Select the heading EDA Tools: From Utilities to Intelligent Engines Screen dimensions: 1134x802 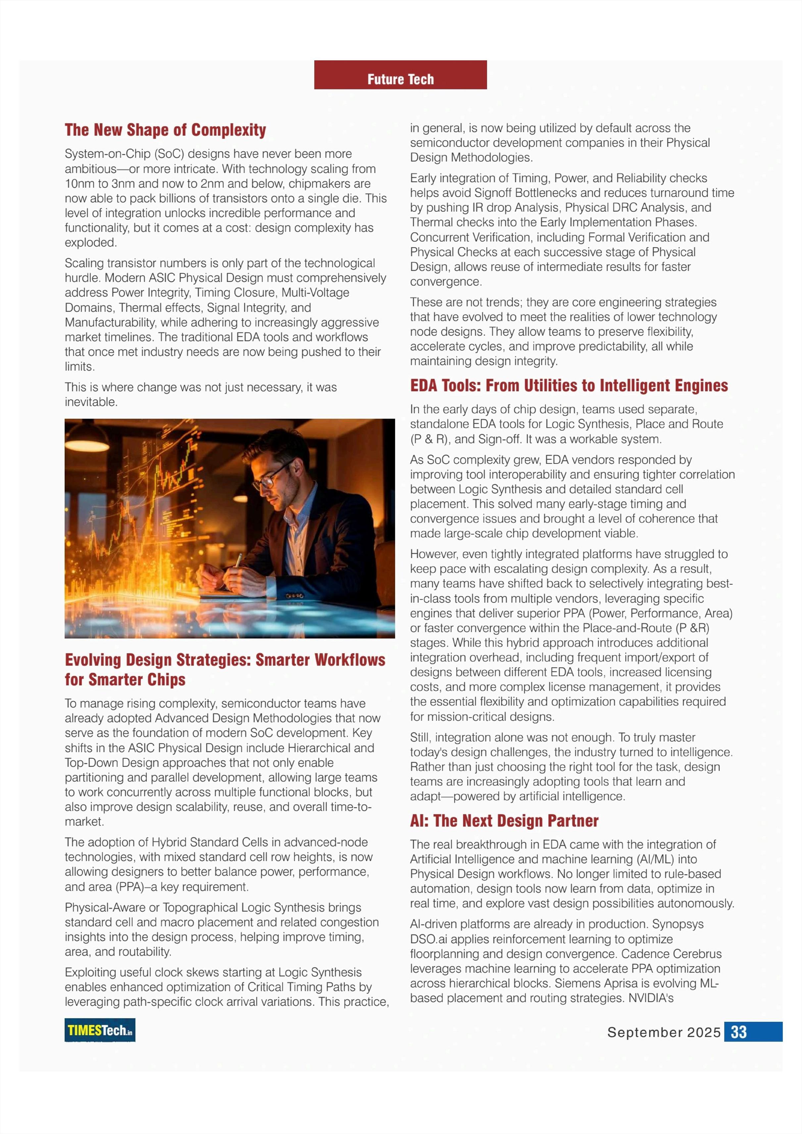click(x=569, y=385)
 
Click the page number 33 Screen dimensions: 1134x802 click(x=738, y=1032)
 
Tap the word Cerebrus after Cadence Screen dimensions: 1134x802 click(x=698, y=954)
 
